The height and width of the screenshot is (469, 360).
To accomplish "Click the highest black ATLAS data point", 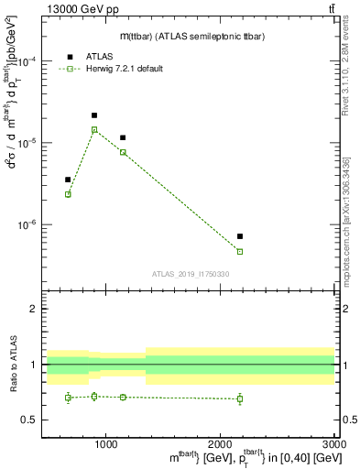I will tap(94, 115).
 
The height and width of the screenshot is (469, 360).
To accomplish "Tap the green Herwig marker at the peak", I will tap(94, 130).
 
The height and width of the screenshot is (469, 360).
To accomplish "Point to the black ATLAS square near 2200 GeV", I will tap(240, 236).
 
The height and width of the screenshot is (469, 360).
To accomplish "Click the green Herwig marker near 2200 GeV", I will tap(240, 251).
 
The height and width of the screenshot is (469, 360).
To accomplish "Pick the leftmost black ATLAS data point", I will tap(68, 180).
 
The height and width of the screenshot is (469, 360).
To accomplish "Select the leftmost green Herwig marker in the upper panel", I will tap(68, 194).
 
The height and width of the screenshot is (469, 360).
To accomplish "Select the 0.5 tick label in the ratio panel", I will tap(29, 420).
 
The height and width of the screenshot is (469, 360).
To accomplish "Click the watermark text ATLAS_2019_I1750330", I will tap(190, 273).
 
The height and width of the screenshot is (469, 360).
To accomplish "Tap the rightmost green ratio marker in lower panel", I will tap(240, 398).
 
